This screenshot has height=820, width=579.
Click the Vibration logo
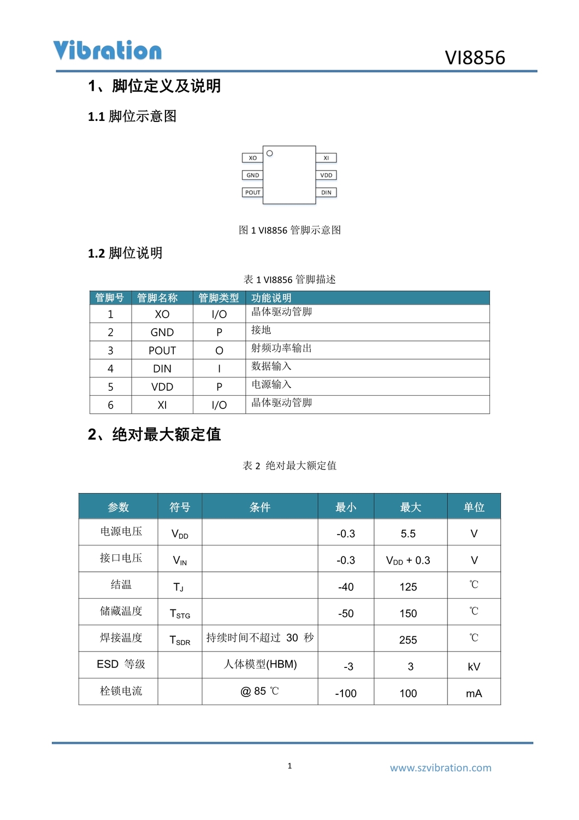click(x=108, y=50)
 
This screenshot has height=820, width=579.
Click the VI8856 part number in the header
click(x=475, y=58)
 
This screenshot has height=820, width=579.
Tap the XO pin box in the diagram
click(x=252, y=158)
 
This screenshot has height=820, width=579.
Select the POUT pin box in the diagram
click(x=252, y=192)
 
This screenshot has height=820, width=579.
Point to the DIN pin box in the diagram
click(x=326, y=192)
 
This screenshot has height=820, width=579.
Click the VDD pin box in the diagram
click(x=326, y=175)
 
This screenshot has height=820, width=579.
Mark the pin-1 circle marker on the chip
click(x=270, y=153)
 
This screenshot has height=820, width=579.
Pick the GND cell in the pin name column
click(x=162, y=332)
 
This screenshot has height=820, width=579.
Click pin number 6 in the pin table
click(x=110, y=405)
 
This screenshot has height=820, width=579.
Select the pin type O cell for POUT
click(x=219, y=350)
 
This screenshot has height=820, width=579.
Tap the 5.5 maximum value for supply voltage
click(x=408, y=534)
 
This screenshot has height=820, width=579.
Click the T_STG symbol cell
click(x=180, y=614)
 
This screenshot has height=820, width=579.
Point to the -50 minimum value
click(x=346, y=613)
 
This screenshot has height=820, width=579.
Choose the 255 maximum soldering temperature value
click(x=408, y=640)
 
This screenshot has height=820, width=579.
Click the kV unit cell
click(x=474, y=666)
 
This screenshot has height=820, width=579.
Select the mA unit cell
click(x=474, y=693)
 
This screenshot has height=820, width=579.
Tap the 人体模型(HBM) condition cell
click(x=260, y=664)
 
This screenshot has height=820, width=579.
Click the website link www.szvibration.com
click(x=440, y=768)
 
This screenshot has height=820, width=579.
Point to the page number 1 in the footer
click(x=289, y=766)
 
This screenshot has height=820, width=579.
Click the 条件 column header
click(x=260, y=507)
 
